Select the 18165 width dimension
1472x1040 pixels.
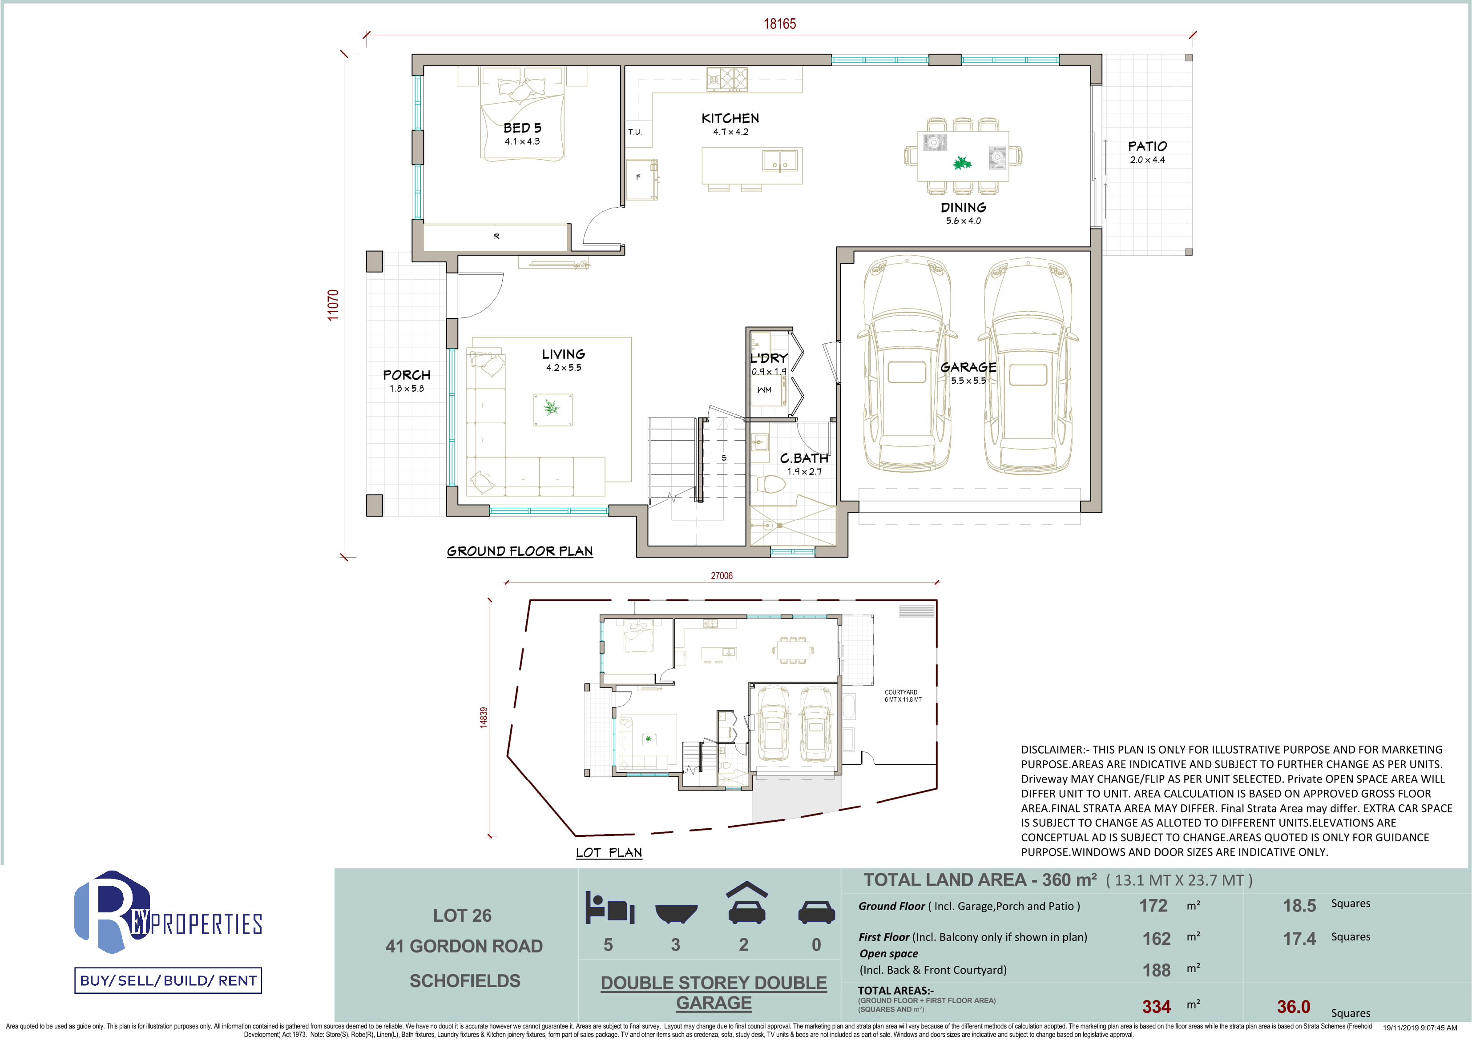pos(780,24)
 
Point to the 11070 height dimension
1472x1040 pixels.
pos(333,305)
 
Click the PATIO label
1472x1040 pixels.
pos(1148,146)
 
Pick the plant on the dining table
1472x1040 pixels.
pos(962,163)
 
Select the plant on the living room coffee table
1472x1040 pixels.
pos(551,407)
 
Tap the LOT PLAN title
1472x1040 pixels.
pos(609,852)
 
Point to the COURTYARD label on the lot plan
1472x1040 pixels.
pos(901,692)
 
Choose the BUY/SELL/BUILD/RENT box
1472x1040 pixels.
pos(168,980)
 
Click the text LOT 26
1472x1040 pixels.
pos(462,915)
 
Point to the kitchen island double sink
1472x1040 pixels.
pos(780,160)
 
